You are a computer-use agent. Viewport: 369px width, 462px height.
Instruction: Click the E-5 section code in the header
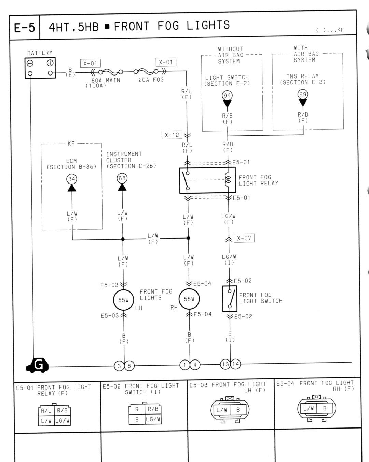[24, 28]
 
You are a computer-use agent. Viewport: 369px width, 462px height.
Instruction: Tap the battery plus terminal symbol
[50, 63]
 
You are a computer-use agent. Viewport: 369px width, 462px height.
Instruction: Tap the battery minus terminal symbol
[30, 63]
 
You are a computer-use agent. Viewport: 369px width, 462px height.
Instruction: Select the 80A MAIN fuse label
[106, 80]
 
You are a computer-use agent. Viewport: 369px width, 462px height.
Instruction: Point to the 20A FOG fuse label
[151, 80]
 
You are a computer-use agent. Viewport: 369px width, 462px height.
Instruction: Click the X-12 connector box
[172, 135]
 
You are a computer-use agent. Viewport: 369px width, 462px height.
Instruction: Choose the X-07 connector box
[244, 238]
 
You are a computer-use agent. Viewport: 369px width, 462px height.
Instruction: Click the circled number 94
[227, 96]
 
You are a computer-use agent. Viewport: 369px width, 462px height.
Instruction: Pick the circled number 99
[303, 94]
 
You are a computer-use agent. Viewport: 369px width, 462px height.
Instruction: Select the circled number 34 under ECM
[72, 179]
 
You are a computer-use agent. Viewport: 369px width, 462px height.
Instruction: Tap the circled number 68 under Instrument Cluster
[122, 178]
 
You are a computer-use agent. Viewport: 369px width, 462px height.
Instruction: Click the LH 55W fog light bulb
[123, 300]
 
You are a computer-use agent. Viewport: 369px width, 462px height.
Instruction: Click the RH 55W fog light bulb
[189, 299]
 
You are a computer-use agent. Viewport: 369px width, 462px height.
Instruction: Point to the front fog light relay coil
[228, 180]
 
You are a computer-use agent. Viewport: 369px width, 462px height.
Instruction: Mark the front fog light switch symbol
[230, 299]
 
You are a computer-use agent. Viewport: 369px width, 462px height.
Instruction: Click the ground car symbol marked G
[37, 365]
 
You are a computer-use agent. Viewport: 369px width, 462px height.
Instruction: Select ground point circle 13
[225, 364]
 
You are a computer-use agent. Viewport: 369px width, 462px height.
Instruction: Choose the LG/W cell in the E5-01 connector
[63, 420]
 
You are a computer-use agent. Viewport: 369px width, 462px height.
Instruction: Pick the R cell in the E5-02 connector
[137, 409]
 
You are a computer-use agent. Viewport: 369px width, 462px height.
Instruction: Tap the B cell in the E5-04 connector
[325, 408]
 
